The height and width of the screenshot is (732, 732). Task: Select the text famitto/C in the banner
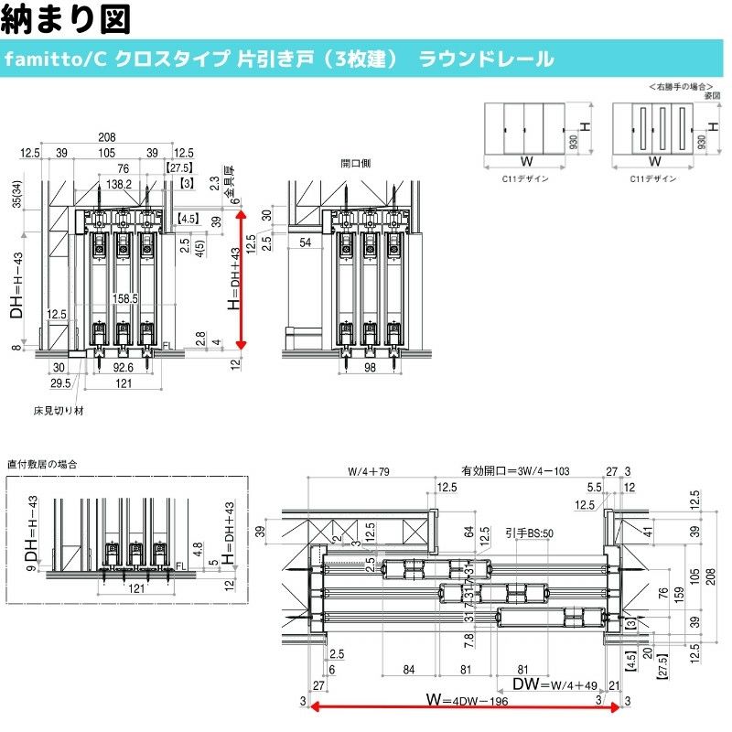[57, 59]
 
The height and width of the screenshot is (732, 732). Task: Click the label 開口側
[355, 164]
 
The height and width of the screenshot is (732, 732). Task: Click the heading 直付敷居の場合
[42, 464]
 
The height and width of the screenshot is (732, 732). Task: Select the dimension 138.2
[117, 184]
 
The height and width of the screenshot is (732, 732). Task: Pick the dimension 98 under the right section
[370, 368]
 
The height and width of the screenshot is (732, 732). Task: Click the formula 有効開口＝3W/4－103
[515, 472]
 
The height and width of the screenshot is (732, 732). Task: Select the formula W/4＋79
[369, 472]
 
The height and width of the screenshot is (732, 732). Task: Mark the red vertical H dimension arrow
[242, 279]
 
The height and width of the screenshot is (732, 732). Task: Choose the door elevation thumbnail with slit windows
[655, 128]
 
